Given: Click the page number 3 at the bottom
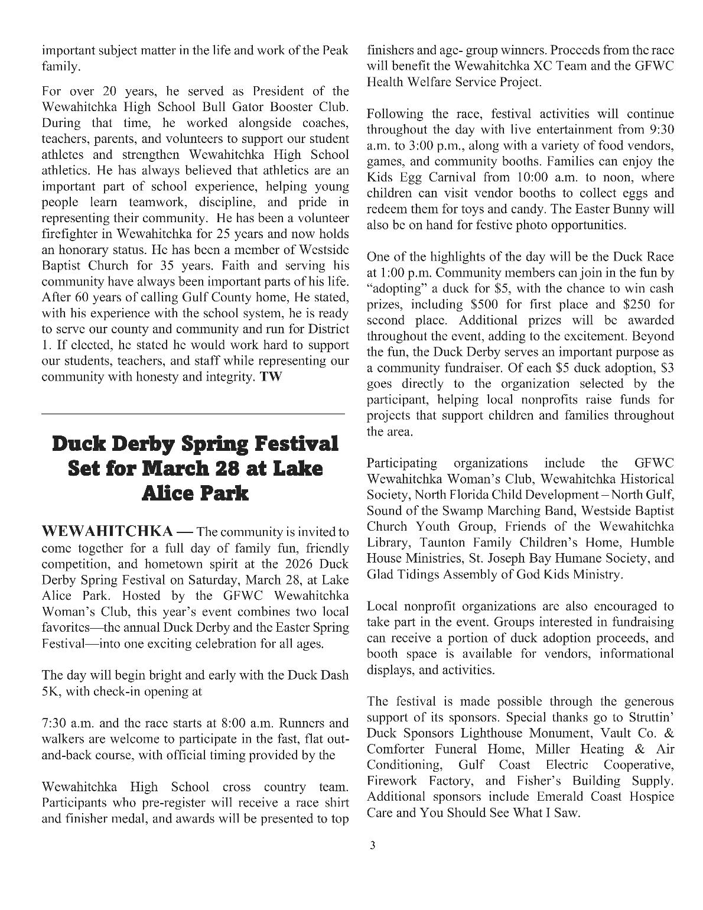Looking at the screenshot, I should click(x=372, y=845).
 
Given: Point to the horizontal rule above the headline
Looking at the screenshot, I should click(x=193, y=414).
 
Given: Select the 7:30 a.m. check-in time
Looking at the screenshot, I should click(x=65, y=723).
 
